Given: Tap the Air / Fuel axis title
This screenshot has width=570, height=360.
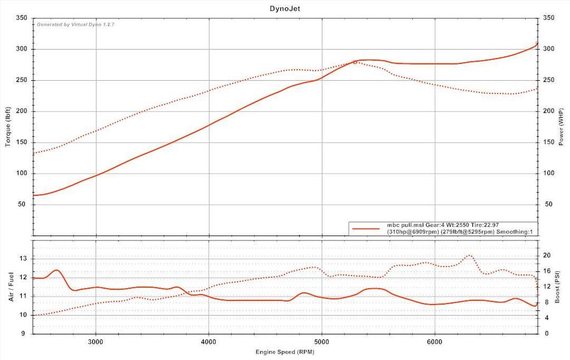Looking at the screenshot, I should (x=12, y=287).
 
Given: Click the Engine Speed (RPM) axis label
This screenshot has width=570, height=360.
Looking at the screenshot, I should (x=284, y=352).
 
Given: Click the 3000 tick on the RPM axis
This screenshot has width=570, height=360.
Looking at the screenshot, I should (x=96, y=341).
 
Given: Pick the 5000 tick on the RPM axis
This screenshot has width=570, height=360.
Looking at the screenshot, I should (x=322, y=341).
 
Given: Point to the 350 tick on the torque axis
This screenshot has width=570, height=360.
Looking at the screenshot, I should (x=22, y=18).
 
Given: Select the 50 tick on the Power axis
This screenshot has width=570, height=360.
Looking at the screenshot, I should (x=548, y=204).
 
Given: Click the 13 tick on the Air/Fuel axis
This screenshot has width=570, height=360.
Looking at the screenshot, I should (x=23, y=258).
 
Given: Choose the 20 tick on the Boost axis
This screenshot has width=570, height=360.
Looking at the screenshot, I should (x=547, y=255).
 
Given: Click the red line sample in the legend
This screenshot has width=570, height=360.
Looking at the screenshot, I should (x=366, y=228).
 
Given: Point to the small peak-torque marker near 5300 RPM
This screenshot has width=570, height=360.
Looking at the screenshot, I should (x=355, y=62).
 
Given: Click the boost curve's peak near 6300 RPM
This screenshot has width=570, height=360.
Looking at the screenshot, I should (x=469, y=255).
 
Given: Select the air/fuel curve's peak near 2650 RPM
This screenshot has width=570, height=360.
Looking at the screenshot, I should (x=56, y=270).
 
